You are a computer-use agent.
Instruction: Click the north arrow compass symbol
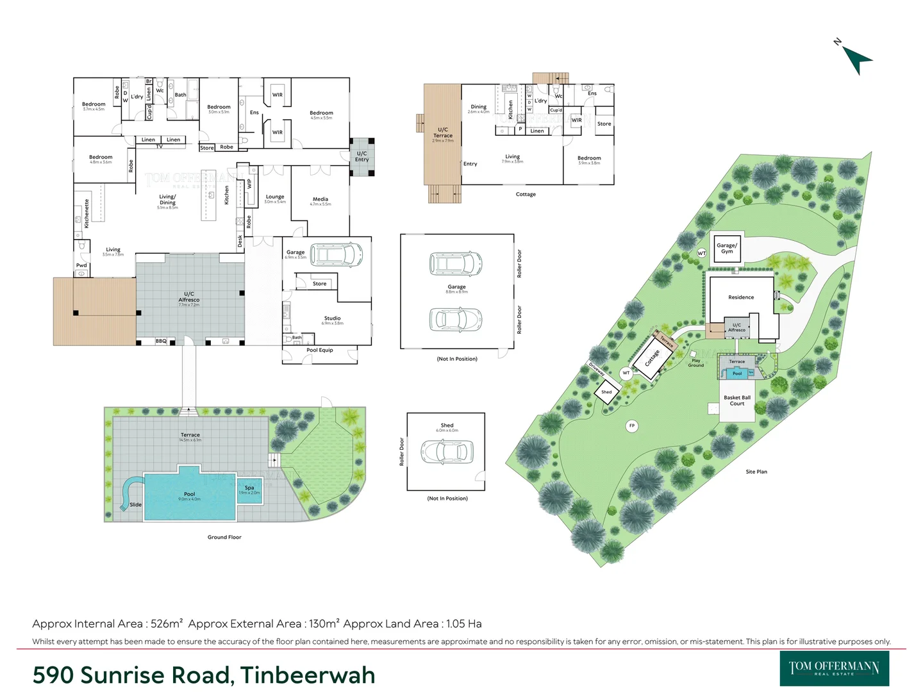(856, 60)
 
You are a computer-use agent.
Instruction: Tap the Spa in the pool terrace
(249, 490)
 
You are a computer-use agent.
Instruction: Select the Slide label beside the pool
(135, 505)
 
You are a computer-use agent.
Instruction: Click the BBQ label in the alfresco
(161, 342)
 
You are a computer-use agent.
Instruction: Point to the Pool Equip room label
(319, 350)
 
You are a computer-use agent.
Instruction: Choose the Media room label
(320, 199)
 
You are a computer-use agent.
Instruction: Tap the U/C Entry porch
(362, 156)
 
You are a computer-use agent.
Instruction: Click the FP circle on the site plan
(632, 425)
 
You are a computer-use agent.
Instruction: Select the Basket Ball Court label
(737, 400)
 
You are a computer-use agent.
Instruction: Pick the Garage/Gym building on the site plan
(727, 248)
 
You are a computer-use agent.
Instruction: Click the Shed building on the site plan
(606, 392)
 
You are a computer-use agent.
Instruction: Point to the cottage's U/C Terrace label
(443, 133)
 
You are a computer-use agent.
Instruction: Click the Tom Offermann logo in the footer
(834, 668)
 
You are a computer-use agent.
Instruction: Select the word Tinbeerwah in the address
(308, 675)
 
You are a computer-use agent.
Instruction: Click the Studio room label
(332, 318)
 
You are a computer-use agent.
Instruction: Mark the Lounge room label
(275, 197)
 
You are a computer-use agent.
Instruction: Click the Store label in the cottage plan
(604, 124)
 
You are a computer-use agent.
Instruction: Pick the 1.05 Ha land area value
(463, 624)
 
